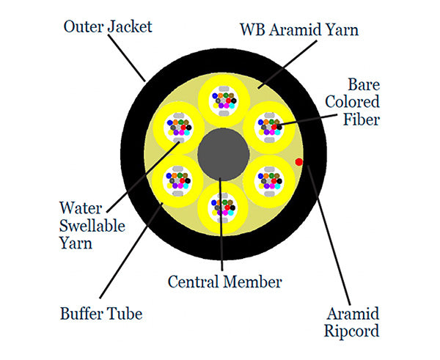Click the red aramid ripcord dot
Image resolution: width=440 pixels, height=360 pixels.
[x=298, y=161]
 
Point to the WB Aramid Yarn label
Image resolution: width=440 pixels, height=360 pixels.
[x=301, y=31]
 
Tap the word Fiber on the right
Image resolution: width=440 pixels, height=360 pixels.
[x=362, y=118]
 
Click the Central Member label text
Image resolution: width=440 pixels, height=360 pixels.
[x=224, y=281]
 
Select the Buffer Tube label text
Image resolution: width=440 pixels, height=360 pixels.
[x=101, y=315]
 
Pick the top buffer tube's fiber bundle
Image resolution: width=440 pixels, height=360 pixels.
[x=222, y=98]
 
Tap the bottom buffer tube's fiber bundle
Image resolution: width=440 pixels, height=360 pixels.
[x=222, y=207]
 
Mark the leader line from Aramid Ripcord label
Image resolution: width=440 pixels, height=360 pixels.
[x=326, y=235]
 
